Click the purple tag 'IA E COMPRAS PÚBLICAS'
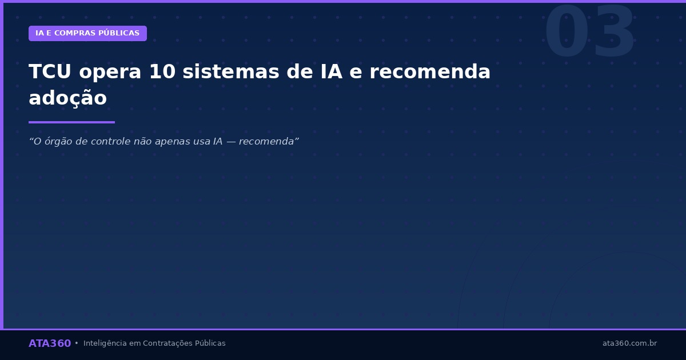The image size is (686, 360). (87, 33)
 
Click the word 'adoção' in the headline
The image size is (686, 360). (67, 98)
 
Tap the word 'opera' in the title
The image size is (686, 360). (110, 73)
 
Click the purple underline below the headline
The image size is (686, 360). (71, 122)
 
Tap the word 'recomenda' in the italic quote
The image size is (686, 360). (268, 142)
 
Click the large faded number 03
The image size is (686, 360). (589, 33)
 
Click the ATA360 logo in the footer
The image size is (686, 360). (50, 343)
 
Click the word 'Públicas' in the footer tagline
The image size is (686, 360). (210, 343)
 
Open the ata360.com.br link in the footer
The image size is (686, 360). (629, 343)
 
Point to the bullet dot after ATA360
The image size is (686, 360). (77, 343)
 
